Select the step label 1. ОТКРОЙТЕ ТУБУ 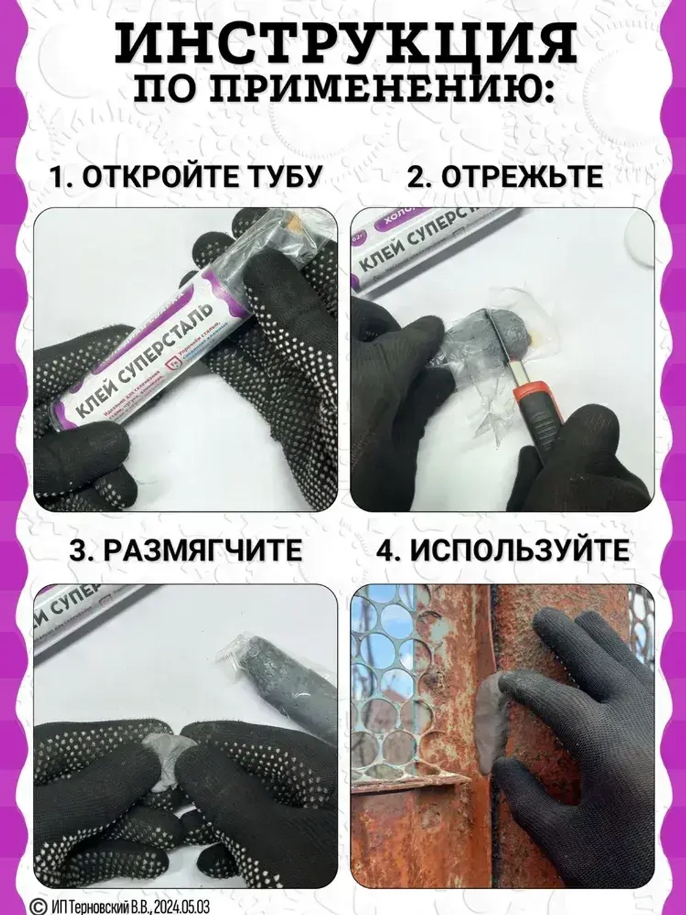pyautogui.click(x=186, y=176)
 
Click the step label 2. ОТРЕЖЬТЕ pyautogui.click(x=505, y=176)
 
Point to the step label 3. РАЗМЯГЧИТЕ pyautogui.click(x=186, y=551)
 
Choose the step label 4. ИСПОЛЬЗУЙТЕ pyautogui.click(x=504, y=551)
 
